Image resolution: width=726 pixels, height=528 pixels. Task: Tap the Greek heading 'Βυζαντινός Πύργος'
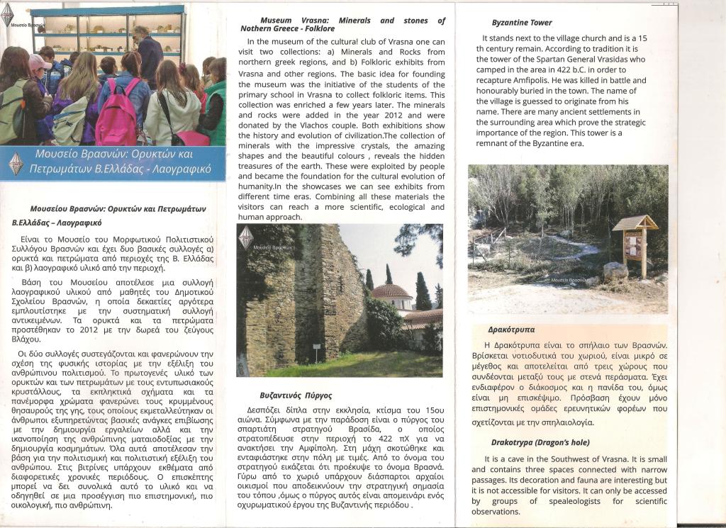pos(296,395)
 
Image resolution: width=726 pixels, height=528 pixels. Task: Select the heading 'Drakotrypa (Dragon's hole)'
pos(540,443)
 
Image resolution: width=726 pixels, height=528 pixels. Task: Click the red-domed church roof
pos(391,291)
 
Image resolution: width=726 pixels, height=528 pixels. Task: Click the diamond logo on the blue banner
pos(15,163)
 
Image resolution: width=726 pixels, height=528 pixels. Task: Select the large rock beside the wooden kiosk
pos(615,271)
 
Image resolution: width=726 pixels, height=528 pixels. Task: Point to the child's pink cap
pos(39,62)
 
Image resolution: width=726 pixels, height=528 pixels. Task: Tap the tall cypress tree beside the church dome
pos(423,291)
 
